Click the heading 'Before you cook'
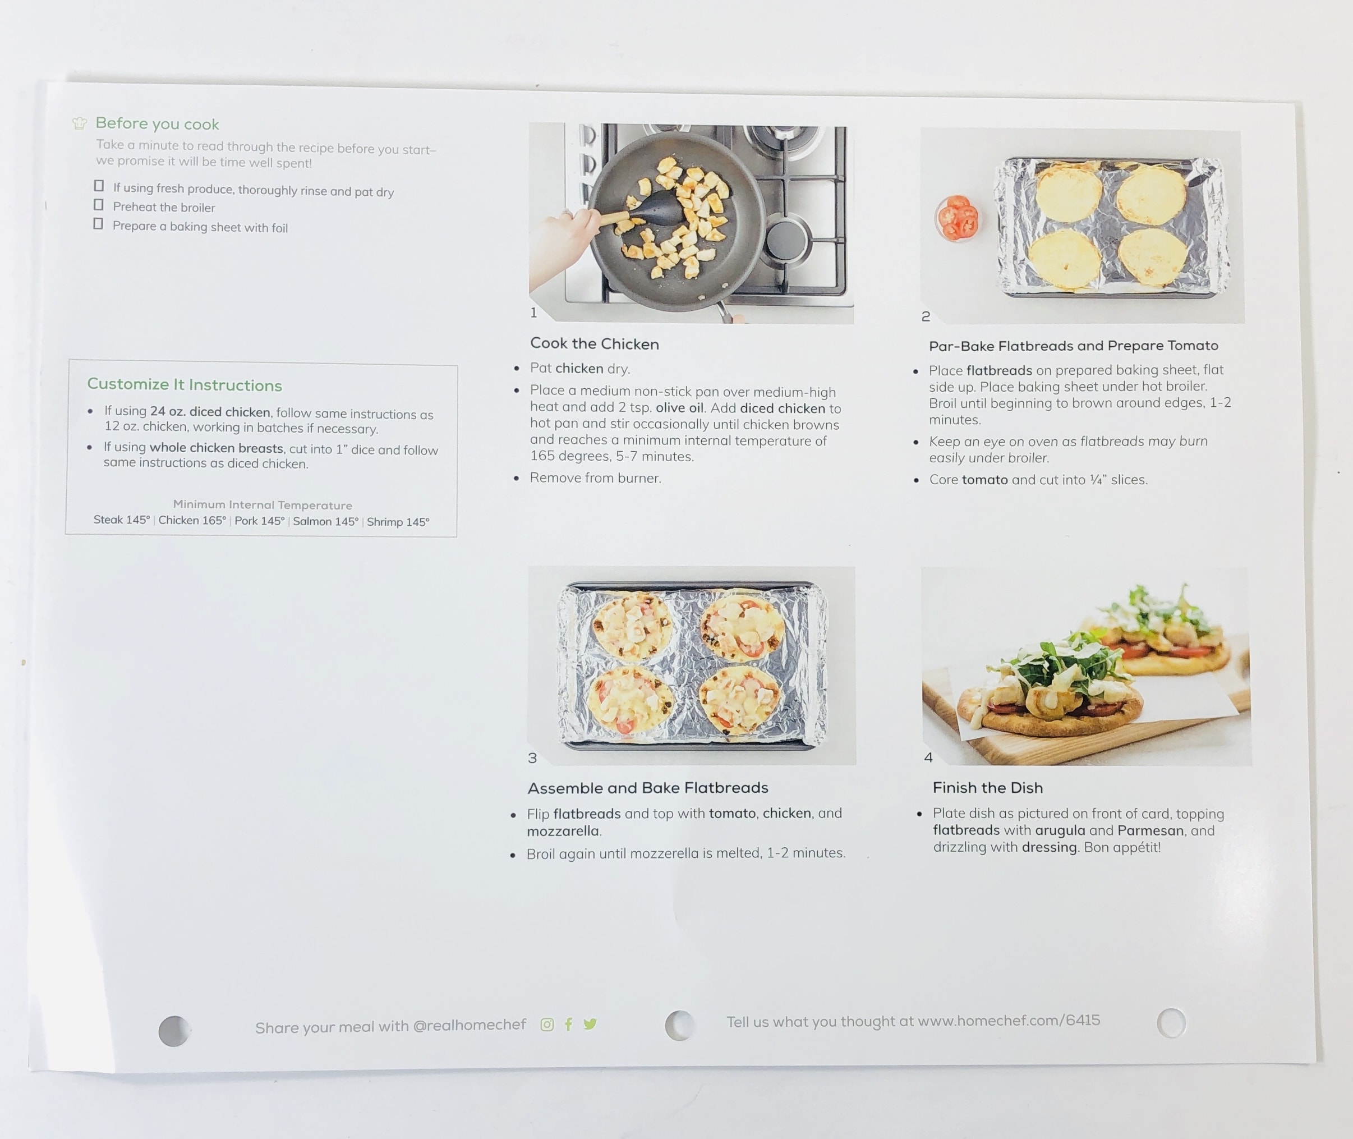tap(157, 123)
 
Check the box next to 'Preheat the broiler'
tap(98, 205)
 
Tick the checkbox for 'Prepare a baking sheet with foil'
tap(98, 224)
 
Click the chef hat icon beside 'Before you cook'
tap(80, 123)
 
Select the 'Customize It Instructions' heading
tap(185, 385)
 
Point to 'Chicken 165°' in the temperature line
tap(192, 521)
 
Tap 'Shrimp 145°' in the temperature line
tap(398, 522)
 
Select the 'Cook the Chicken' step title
tap(595, 343)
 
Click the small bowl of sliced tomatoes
tap(956, 219)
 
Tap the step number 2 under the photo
tap(926, 316)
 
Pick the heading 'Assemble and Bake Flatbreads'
tap(647, 788)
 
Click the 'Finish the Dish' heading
tap(988, 788)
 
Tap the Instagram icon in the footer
tap(547, 1025)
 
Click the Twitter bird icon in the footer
tap(590, 1024)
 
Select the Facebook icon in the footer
tap(568, 1024)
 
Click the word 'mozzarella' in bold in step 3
tap(563, 831)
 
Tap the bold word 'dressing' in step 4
tap(1050, 847)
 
